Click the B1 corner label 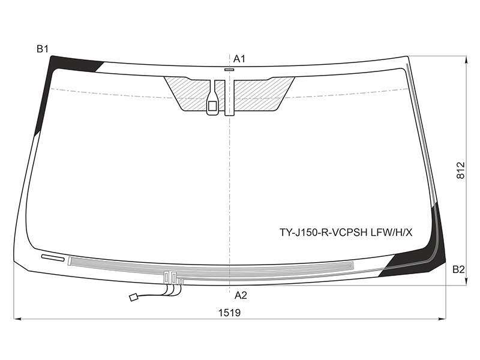coord(43,49)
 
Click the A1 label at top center coord(239,59)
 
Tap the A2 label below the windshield coord(241,295)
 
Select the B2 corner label coord(458,269)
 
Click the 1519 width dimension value coord(229,313)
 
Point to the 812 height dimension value coord(460,170)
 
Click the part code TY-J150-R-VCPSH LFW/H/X coord(346,233)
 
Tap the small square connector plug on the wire coord(133,297)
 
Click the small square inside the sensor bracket coord(212,106)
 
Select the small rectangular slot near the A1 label coord(229,70)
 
